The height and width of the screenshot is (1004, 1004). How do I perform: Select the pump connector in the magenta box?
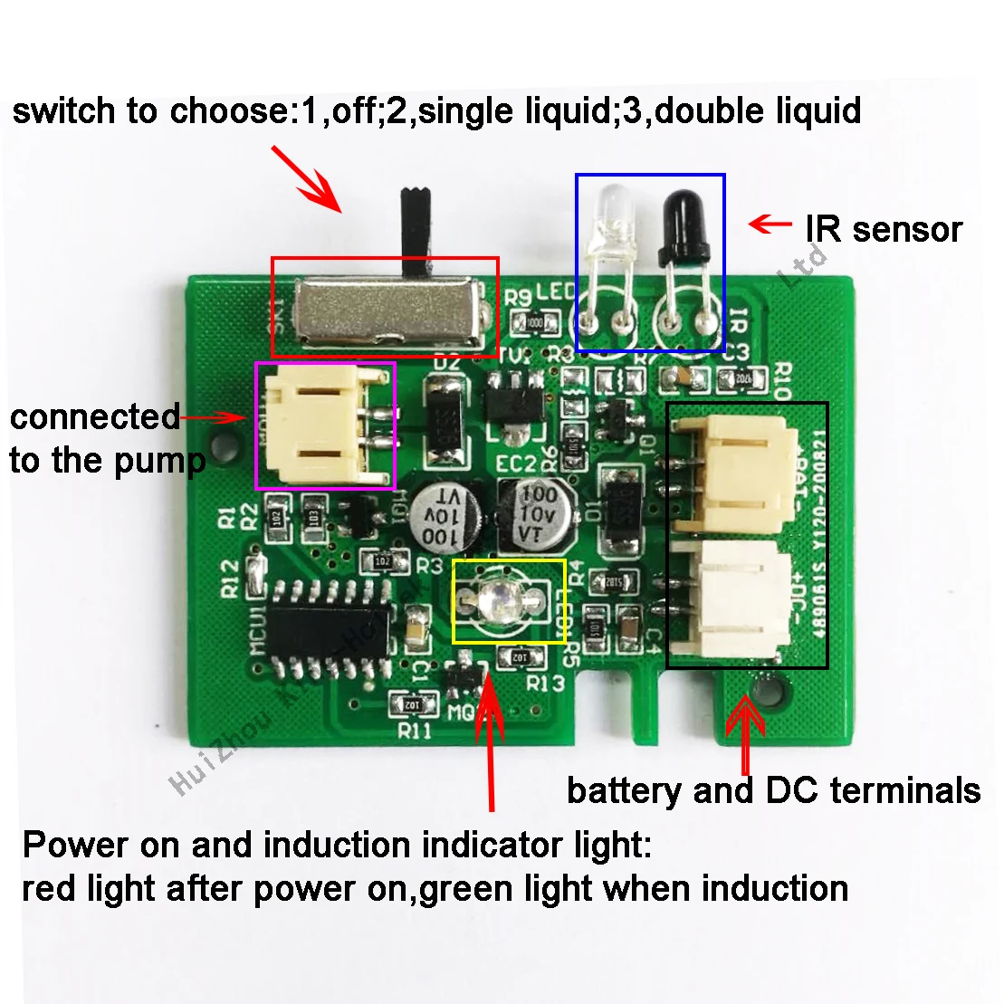coord(324,425)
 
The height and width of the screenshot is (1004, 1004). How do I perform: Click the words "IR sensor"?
coord(883,229)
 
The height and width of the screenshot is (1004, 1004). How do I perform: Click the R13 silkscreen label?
coord(545,683)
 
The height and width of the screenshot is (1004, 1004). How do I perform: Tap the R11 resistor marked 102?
coord(410,703)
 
